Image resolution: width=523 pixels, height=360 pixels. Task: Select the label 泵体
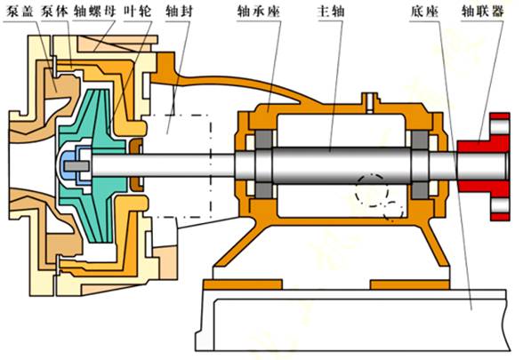click(x=54, y=12)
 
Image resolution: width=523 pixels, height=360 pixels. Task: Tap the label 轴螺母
click(x=94, y=12)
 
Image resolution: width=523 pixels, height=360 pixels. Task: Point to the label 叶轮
click(x=137, y=12)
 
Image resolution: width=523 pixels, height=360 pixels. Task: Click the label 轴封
click(x=179, y=12)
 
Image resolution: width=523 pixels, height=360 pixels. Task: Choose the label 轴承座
click(x=259, y=12)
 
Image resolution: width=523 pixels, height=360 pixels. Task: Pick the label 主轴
click(x=330, y=12)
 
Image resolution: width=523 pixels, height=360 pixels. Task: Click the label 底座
click(x=424, y=12)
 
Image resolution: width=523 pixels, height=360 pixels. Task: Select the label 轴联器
click(x=482, y=12)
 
